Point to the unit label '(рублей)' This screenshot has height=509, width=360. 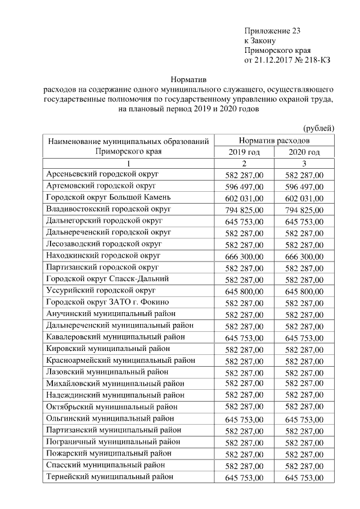(x=319, y=128)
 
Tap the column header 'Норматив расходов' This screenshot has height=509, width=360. (x=274, y=140)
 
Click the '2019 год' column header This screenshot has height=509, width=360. (x=244, y=152)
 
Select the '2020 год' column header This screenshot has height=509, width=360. (x=304, y=152)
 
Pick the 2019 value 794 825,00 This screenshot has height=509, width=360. (x=244, y=210)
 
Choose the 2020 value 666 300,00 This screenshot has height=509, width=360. (x=304, y=256)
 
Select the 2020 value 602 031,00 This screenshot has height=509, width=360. (x=304, y=198)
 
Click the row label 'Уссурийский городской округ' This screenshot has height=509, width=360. (x=101, y=290)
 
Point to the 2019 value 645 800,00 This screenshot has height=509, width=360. (x=244, y=291)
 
